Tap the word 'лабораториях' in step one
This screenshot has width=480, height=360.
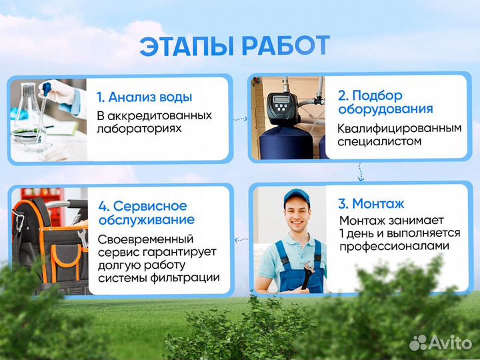pos(139,128)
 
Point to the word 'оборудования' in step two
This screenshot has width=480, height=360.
pos(385,109)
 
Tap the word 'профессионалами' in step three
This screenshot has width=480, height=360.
pos(393,247)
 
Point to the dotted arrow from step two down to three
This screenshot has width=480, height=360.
pos(361,173)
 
